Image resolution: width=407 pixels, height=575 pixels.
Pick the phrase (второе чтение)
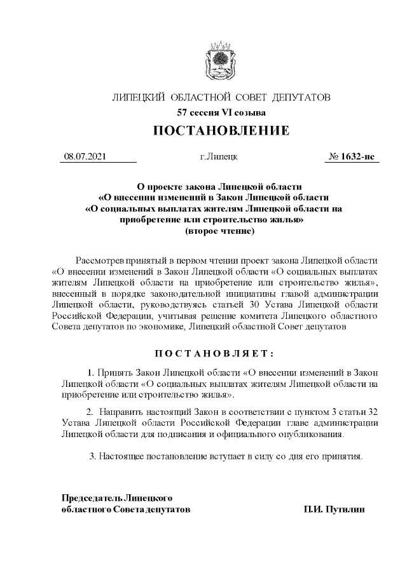click(x=219, y=231)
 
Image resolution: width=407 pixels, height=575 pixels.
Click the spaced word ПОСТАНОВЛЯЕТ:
click(x=219, y=353)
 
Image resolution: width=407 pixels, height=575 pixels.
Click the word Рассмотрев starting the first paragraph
click(x=99, y=260)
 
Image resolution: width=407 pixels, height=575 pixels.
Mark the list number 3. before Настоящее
click(x=93, y=456)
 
